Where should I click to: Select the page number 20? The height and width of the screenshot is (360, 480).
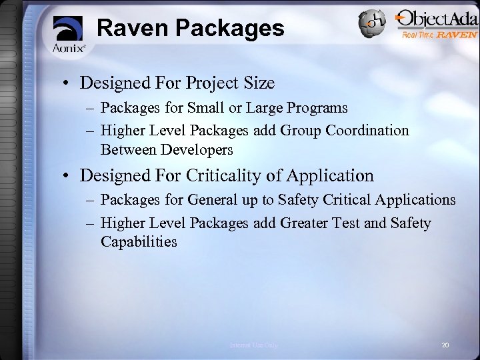click(x=446, y=344)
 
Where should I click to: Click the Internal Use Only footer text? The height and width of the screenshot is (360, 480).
click(x=254, y=345)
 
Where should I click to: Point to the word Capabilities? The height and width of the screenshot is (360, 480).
click(x=139, y=241)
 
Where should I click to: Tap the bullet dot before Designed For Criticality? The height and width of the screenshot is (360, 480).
click(x=69, y=177)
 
